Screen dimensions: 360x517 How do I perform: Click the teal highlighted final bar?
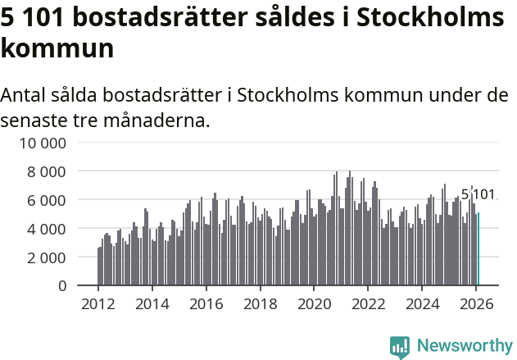[478, 249]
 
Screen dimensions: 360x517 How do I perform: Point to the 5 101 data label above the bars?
[478, 194]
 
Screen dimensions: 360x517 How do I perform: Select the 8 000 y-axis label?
[48, 171]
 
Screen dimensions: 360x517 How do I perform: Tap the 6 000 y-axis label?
[48, 200]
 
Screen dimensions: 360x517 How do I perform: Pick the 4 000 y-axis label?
[48, 229]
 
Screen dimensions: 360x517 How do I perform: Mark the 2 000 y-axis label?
[48, 257]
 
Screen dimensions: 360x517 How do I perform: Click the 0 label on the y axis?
[62, 286]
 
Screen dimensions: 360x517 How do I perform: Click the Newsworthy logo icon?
[400, 347]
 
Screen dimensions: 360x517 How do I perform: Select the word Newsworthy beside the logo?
[464, 347]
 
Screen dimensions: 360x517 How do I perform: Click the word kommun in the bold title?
[57, 48]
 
